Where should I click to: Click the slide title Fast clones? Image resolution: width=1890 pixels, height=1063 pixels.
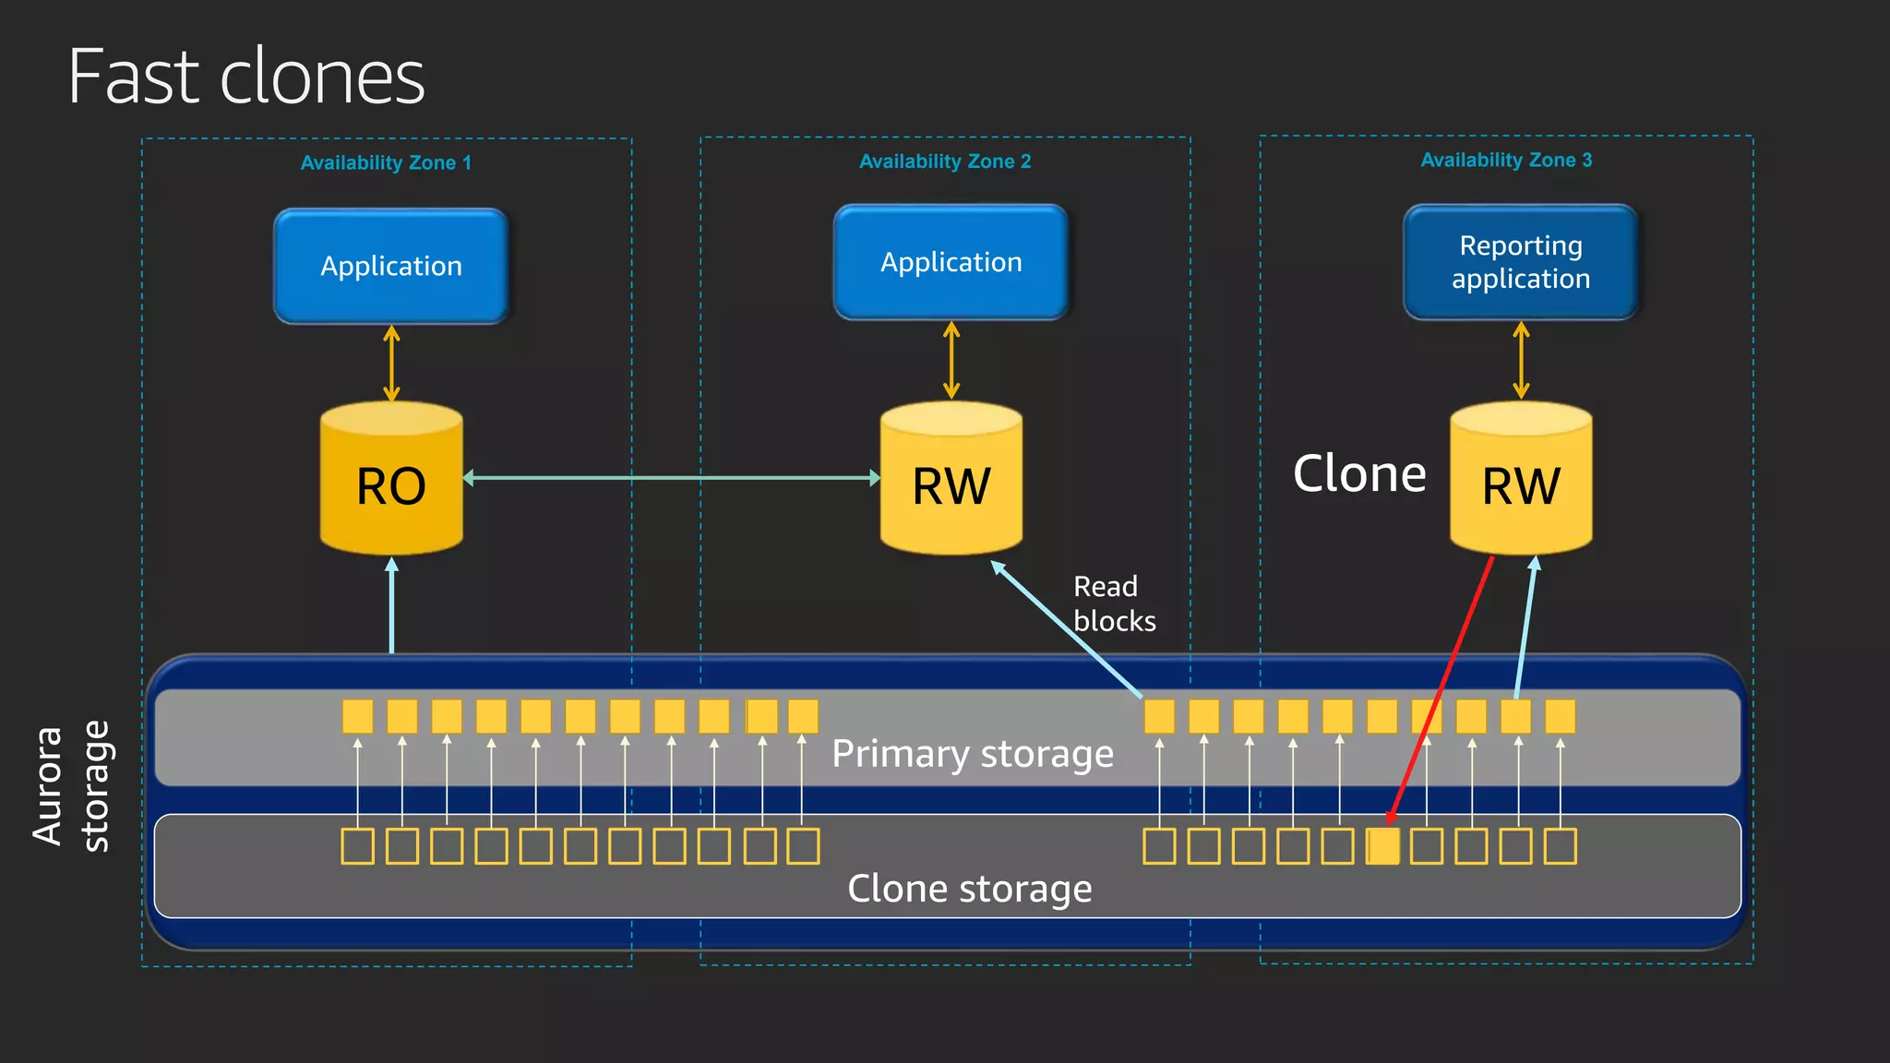tap(246, 77)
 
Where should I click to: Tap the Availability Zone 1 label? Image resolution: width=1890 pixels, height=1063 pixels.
tap(386, 162)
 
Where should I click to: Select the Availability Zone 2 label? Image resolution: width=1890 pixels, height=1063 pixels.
tap(945, 161)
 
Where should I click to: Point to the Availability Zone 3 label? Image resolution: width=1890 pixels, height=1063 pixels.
tap(1506, 160)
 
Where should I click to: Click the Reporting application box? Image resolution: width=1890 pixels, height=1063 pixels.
tap(1520, 262)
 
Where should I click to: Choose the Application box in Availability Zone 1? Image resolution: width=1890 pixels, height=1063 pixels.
tap(391, 266)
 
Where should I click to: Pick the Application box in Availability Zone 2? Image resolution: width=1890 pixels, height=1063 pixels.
tap(951, 262)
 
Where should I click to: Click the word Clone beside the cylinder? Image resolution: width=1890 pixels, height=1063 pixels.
tap(1359, 474)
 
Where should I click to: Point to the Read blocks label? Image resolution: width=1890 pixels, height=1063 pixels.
tap(1113, 603)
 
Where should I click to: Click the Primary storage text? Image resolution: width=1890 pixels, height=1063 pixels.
tap(972, 754)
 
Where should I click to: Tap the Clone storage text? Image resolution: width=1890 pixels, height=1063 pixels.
tap(969, 889)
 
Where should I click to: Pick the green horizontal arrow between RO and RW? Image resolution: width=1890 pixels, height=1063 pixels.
tap(671, 478)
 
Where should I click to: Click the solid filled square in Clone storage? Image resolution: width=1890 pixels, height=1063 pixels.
tap(1382, 845)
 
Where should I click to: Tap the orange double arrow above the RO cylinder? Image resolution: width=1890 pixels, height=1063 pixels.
tap(391, 363)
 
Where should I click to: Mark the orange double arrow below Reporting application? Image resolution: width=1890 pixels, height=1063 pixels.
tap(1521, 360)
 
